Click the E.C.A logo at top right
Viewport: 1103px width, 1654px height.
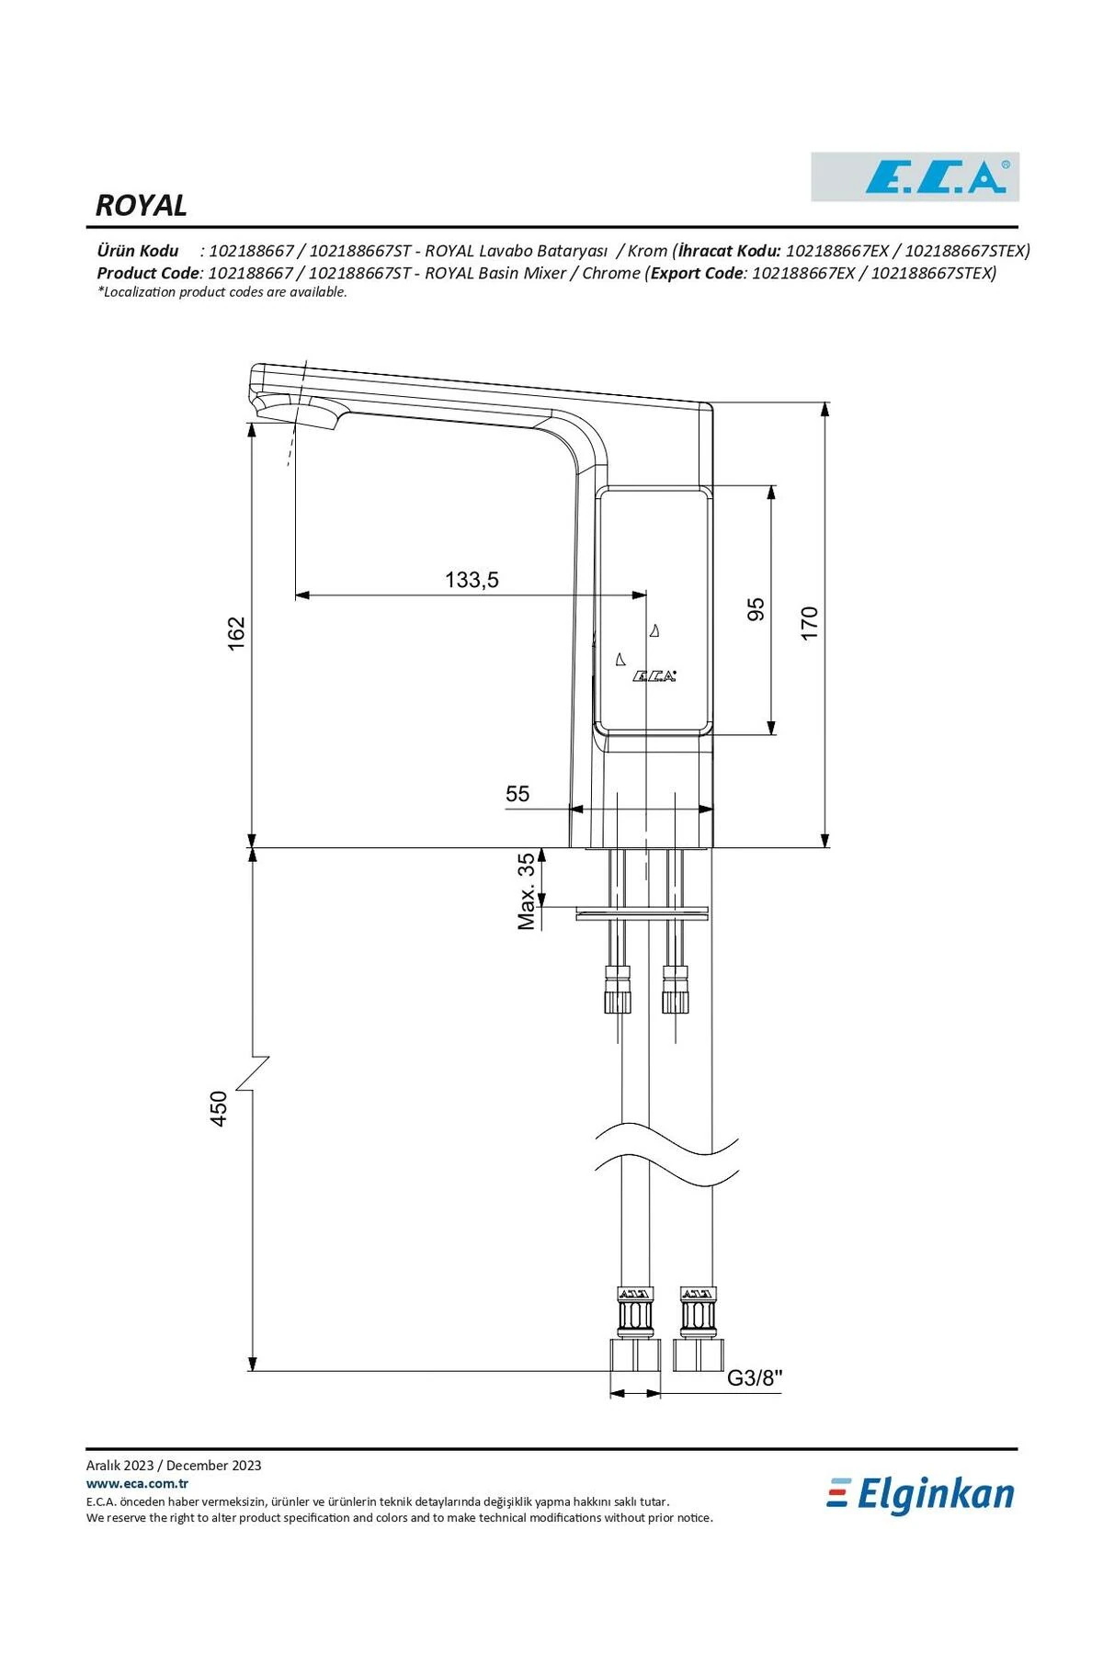pyautogui.click(x=915, y=176)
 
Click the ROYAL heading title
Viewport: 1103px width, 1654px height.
pyautogui.click(x=141, y=205)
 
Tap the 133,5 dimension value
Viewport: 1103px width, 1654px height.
pyautogui.click(x=472, y=580)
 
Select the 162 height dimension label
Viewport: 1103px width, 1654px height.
pyautogui.click(x=237, y=633)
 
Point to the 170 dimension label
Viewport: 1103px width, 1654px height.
pyautogui.click(x=809, y=623)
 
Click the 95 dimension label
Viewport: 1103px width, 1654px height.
pyautogui.click(x=756, y=608)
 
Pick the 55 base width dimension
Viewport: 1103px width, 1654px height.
pyautogui.click(x=517, y=793)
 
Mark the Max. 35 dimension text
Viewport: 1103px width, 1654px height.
pyautogui.click(x=526, y=891)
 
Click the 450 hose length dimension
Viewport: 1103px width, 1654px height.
pyautogui.click(x=219, y=1108)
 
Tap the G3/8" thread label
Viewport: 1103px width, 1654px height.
pyautogui.click(x=755, y=1377)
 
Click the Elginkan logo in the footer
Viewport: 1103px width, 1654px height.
pyautogui.click(x=921, y=1495)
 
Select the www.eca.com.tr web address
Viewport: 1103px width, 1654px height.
pyautogui.click(x=137, y=1483)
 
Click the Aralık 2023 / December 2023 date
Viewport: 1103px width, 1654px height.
pyautogui.click(x=174, y=1466)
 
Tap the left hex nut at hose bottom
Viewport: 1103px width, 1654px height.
pyautogui.click(x=635, y=1355)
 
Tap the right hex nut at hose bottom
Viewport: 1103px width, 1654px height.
pyautogui.click(x=699, y=1355)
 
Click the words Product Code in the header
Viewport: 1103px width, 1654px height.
pyautogui.click(x=148, y=273)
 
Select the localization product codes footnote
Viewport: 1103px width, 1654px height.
pyautogui.click(x=222, y=292)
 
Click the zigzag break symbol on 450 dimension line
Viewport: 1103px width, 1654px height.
pyautogui.click(x=253, y=1073)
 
